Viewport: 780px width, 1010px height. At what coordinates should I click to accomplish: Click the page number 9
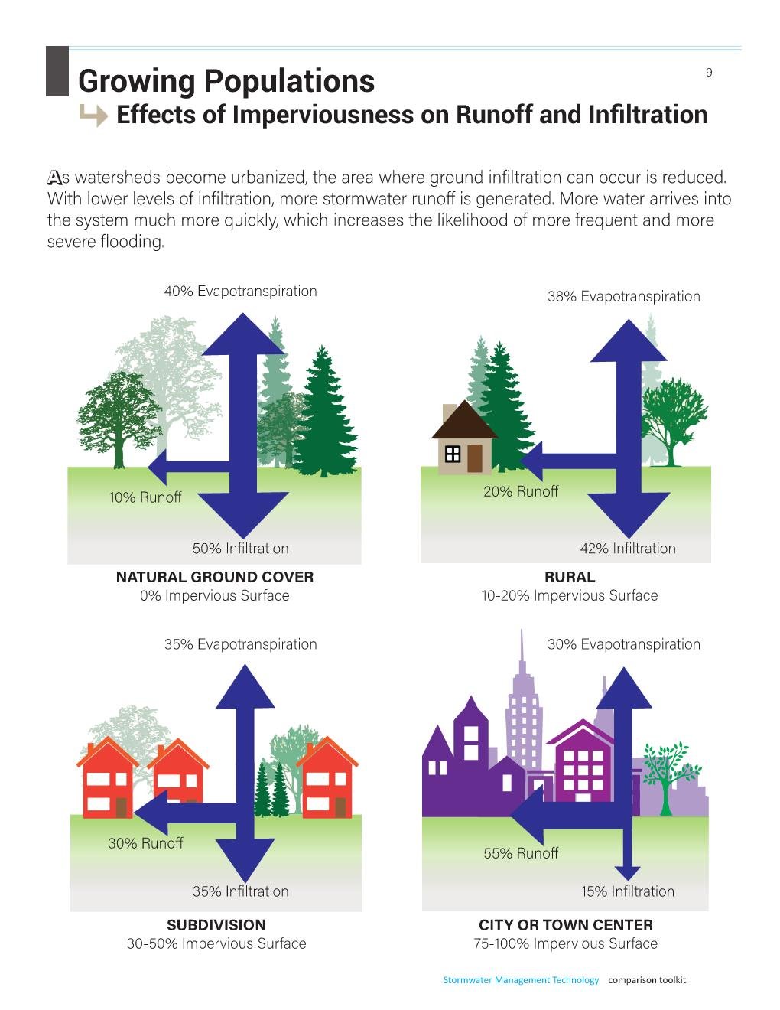click(709, 73)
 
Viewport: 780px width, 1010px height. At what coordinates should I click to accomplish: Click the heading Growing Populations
click(226, 80)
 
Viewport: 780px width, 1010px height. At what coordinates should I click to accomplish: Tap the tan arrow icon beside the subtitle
click(93, 116)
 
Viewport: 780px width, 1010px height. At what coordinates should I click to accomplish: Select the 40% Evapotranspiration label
click(240, 291)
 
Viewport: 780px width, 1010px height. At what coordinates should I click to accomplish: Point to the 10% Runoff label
click(145, 497)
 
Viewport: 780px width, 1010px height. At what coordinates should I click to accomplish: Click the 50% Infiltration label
click(240, 548)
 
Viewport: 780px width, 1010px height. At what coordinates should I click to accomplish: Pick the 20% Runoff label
click(521, 491)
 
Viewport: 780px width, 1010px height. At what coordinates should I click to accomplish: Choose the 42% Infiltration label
click(628, 548)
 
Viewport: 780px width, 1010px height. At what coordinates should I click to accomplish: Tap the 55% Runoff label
click(521, 853)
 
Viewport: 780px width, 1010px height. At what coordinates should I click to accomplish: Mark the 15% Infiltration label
click(628, 891)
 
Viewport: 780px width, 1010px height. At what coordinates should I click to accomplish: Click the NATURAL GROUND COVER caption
click(215, 577)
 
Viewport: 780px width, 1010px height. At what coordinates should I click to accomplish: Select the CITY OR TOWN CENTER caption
click(566, 925)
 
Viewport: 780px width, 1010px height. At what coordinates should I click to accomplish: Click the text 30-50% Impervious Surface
click(216, 943)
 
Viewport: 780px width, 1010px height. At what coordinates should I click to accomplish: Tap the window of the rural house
click(453, 454)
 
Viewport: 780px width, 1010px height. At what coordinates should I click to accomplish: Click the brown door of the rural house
click(475, 458)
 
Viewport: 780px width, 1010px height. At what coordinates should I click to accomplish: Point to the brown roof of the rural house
click(464, 420)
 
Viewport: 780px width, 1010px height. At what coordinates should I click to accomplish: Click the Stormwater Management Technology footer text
click(521, 980)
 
